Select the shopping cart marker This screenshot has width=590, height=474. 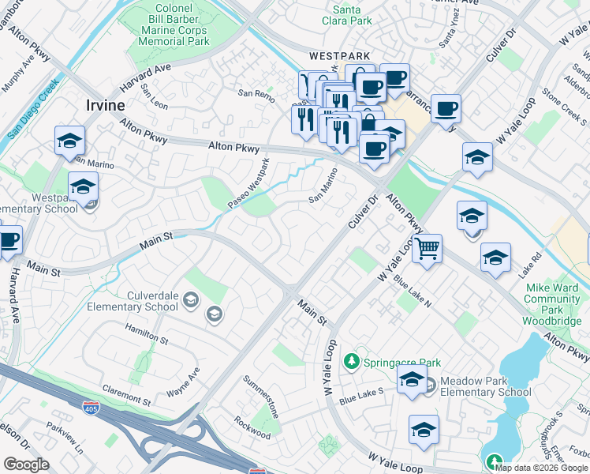(x=427, y=249)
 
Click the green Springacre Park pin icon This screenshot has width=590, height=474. (x=351, y=362)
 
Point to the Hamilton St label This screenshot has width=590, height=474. (x=147, y=333)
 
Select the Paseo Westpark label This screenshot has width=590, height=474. (x=249, y=183)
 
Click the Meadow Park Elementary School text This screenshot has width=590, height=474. (x=485, y=386)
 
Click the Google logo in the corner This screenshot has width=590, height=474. (x=27, y=465)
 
